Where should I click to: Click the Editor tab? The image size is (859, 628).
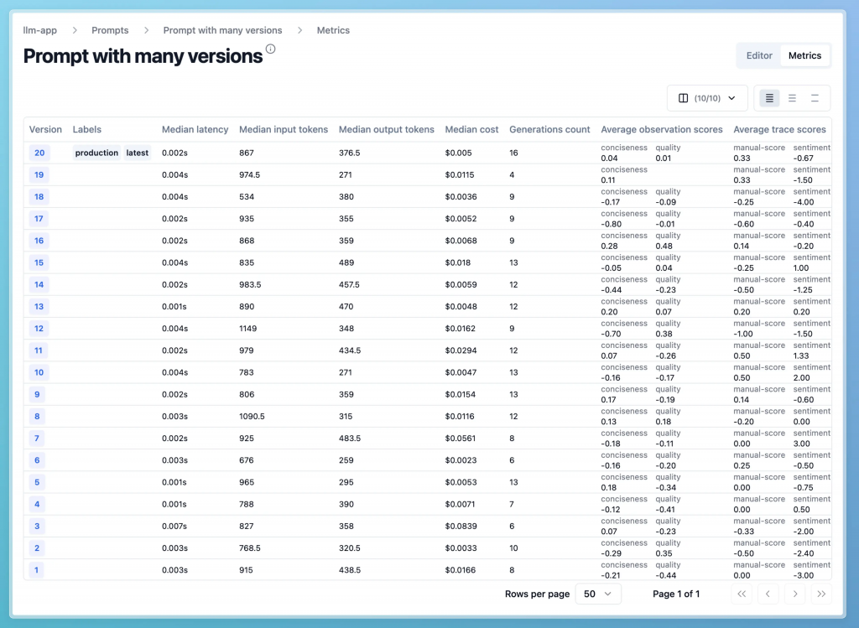[x=759, y=55]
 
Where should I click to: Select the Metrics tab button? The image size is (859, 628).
[x=804, y=55]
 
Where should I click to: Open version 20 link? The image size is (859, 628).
[x=39, y=153]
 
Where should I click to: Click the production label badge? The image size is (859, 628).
[x=96, y=153]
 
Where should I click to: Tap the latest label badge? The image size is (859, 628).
[x=138, y=153]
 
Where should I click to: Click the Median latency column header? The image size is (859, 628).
[x=195, y=129]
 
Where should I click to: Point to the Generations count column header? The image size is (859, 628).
[x=549, y=129]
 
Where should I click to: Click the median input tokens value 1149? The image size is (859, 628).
[x=251, y=328]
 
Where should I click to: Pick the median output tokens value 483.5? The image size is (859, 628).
[x=350, y=438]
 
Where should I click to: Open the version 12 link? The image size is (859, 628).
[x=39, y=328]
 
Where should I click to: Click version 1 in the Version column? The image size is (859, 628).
[x=36, y=569]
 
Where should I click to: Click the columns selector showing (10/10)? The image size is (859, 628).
[x=707, y=98]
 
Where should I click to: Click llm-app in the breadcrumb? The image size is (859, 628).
[x=40, y=30]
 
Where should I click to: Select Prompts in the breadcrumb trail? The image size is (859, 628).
[x=110, y=30]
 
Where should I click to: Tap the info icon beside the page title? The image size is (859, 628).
[x=270, y=49]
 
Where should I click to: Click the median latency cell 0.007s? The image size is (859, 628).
[x=175, y=526]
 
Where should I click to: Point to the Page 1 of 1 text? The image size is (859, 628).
[x=676, y=594]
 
